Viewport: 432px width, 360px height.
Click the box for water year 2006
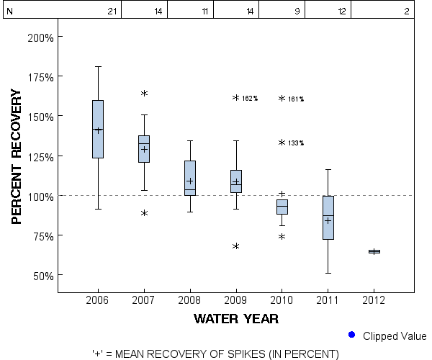98,129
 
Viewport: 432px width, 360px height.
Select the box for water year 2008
190,178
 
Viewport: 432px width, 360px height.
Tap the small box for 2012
374,251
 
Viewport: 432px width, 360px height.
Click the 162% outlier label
250,99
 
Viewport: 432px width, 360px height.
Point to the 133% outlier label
296,143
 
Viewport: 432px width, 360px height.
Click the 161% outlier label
296,99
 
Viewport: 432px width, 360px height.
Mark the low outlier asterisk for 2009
236,247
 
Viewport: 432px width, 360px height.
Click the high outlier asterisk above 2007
144,94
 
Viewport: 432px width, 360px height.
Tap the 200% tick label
40,37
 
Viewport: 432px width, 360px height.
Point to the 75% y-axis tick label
42,235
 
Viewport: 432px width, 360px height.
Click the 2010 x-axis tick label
282,300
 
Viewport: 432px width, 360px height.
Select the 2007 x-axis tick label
144,300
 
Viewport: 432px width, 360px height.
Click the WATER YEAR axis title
236,318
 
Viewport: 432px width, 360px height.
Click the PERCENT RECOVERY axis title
19,157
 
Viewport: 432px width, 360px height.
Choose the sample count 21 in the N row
112,12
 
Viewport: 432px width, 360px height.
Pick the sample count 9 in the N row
297,12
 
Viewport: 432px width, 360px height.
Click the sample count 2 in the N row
407,12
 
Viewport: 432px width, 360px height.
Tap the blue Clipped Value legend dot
351,335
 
